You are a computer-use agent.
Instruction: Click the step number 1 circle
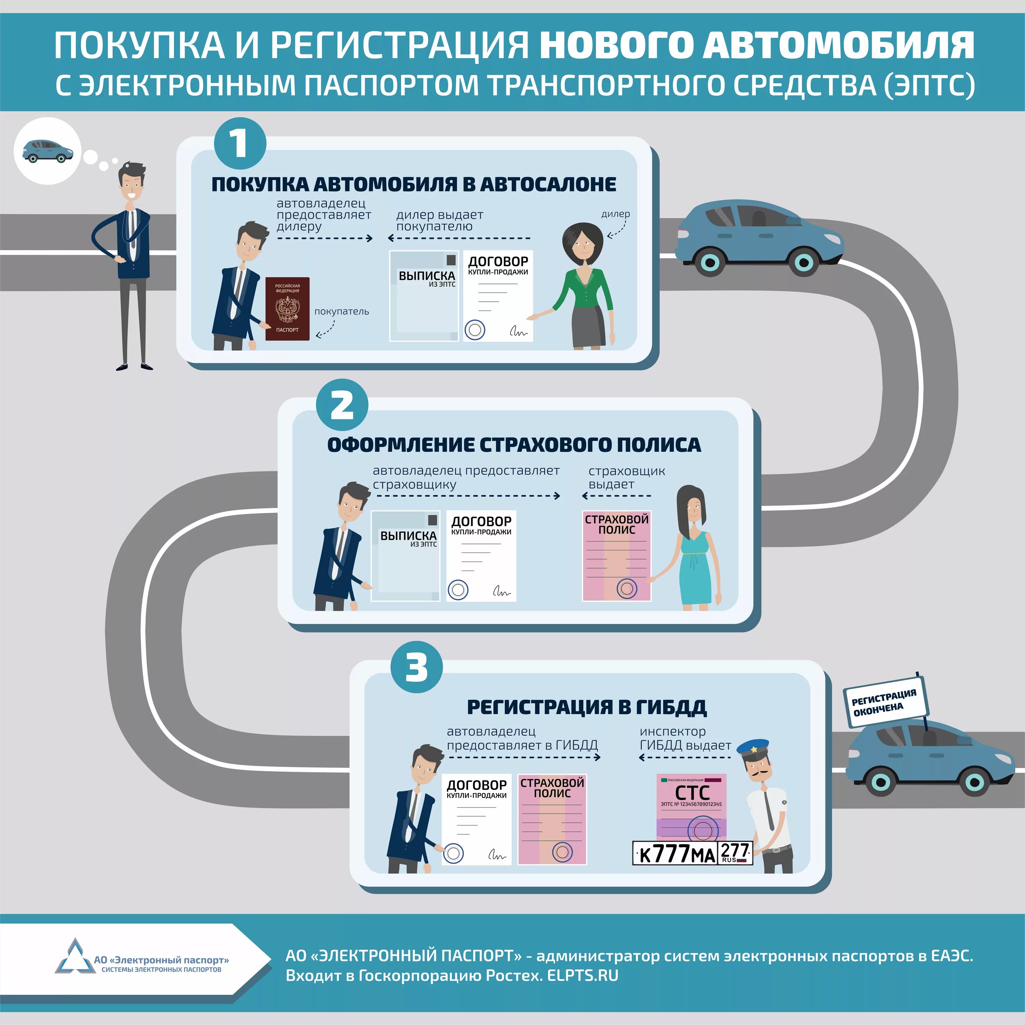point(240,143)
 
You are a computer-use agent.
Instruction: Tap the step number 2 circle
point(342,405)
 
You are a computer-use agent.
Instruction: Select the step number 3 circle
point(416,667)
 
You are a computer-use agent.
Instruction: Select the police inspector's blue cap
point(753,748)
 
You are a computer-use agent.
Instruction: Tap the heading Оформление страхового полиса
point(514,445)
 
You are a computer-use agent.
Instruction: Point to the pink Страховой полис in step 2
point(616,556)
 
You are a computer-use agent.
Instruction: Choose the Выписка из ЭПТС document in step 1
point(424,296)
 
